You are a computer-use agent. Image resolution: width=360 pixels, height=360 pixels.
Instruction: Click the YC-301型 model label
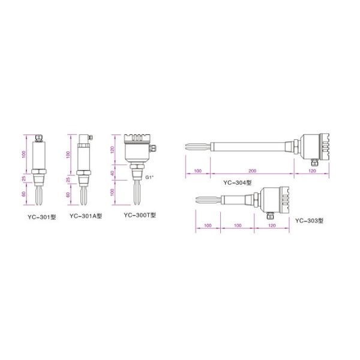point(42,217)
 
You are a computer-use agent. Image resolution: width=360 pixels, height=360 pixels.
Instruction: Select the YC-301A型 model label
point(86,216)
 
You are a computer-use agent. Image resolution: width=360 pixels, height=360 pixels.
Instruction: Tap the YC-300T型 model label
point(140,215)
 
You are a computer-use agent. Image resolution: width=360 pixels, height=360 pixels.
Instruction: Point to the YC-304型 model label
point(238,182)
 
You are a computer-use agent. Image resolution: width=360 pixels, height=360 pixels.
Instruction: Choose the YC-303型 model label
point(309,221)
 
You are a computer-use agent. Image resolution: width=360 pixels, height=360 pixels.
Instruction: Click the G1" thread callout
point(149,177)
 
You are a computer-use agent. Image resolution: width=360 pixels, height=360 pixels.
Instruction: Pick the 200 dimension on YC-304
point(253,171)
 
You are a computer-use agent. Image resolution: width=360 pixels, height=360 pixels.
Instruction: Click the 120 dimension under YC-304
point(312,171)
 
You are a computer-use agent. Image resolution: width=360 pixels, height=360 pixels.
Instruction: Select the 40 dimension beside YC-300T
point(112,173)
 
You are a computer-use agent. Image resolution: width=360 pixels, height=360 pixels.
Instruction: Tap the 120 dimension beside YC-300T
point(112,149)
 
